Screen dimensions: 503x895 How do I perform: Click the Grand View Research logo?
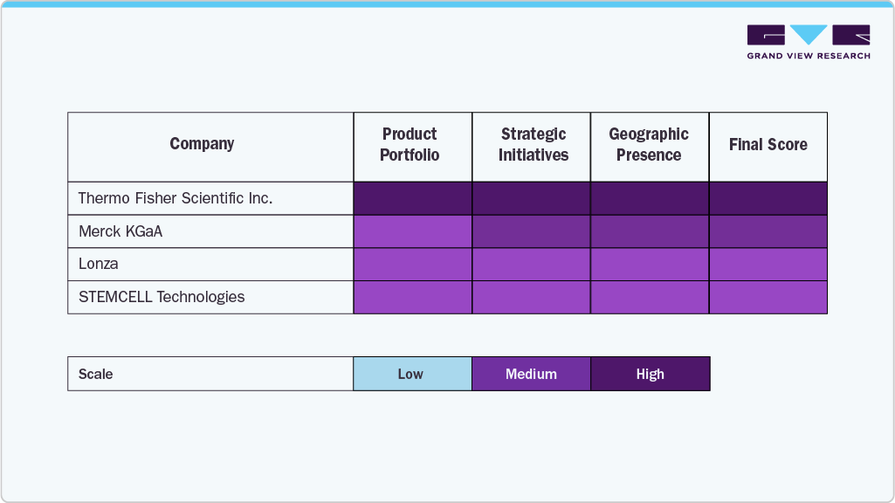coord(809,42)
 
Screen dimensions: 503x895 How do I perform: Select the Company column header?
coord(202,145)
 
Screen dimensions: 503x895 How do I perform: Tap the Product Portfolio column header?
coord(410,145)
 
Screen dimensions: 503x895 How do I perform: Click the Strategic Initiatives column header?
coord(533,145)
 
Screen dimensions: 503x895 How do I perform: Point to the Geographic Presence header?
coord(649,145)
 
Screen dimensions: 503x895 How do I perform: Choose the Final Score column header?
coord(768,145)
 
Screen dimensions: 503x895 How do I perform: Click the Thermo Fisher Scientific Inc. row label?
coord(176,198)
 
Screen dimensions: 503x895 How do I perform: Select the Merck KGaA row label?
coord(120,231)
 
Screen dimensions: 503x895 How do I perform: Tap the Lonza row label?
coord(99,264)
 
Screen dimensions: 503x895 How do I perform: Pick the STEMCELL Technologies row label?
coord(162,297)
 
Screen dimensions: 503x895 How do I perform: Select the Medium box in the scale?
coord(531,374)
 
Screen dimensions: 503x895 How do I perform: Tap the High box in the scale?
coord(651,374)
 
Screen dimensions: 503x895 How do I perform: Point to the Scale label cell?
coord(96,374)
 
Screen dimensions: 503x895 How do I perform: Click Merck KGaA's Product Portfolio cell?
coord(413,231)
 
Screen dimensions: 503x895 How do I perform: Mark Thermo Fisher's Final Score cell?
coord(768,198)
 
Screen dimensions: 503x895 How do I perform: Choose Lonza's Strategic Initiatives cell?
coord(532,264)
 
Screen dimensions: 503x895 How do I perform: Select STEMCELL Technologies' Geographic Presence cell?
coord(650,297)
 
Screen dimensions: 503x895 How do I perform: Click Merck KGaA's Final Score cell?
coord(768,231)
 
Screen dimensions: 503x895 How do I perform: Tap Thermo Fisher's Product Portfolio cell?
coord(413,198)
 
